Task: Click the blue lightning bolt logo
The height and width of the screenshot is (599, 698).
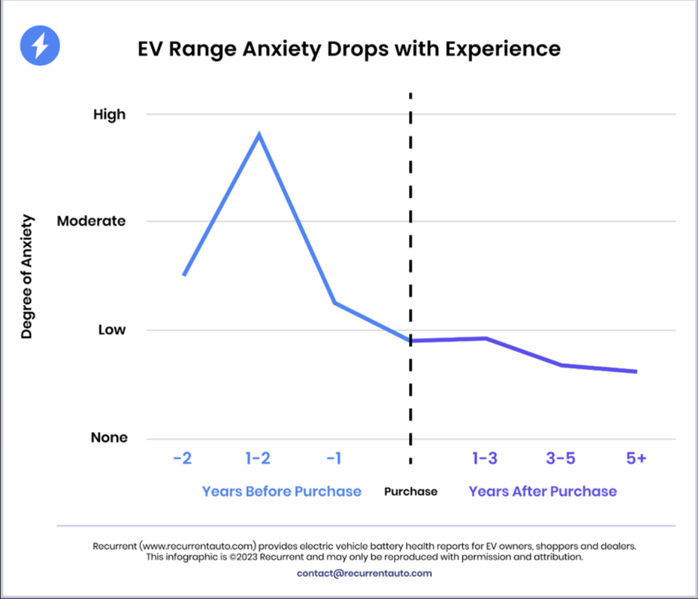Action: (40, 46)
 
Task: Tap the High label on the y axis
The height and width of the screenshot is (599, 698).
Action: (110, 115)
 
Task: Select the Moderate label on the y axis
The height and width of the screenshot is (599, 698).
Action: (91, 221)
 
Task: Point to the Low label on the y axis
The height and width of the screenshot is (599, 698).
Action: (112, 330)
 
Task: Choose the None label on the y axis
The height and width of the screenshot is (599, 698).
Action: (109, 438)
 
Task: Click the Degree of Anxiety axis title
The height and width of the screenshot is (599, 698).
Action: (27, 277)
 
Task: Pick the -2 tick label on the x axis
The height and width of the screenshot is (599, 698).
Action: (182, 458)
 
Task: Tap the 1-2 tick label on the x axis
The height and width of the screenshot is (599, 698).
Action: (258, 458)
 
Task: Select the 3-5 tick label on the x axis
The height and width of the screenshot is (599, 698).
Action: (561, 458)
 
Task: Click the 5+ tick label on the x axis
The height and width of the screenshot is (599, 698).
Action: (636, 458)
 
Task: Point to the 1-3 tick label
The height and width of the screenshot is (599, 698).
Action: (485, 458)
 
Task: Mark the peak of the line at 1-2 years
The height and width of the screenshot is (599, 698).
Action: (259, 134)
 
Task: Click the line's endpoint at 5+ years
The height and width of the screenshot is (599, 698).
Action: (636, 372)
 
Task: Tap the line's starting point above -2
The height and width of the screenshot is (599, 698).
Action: (184, 275)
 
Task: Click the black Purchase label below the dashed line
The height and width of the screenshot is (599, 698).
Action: (411, 492)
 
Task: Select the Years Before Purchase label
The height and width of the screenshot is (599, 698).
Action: (282, 491)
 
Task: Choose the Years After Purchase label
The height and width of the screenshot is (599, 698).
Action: (543, 491)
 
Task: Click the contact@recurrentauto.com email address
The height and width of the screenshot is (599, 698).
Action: (364, 574)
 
